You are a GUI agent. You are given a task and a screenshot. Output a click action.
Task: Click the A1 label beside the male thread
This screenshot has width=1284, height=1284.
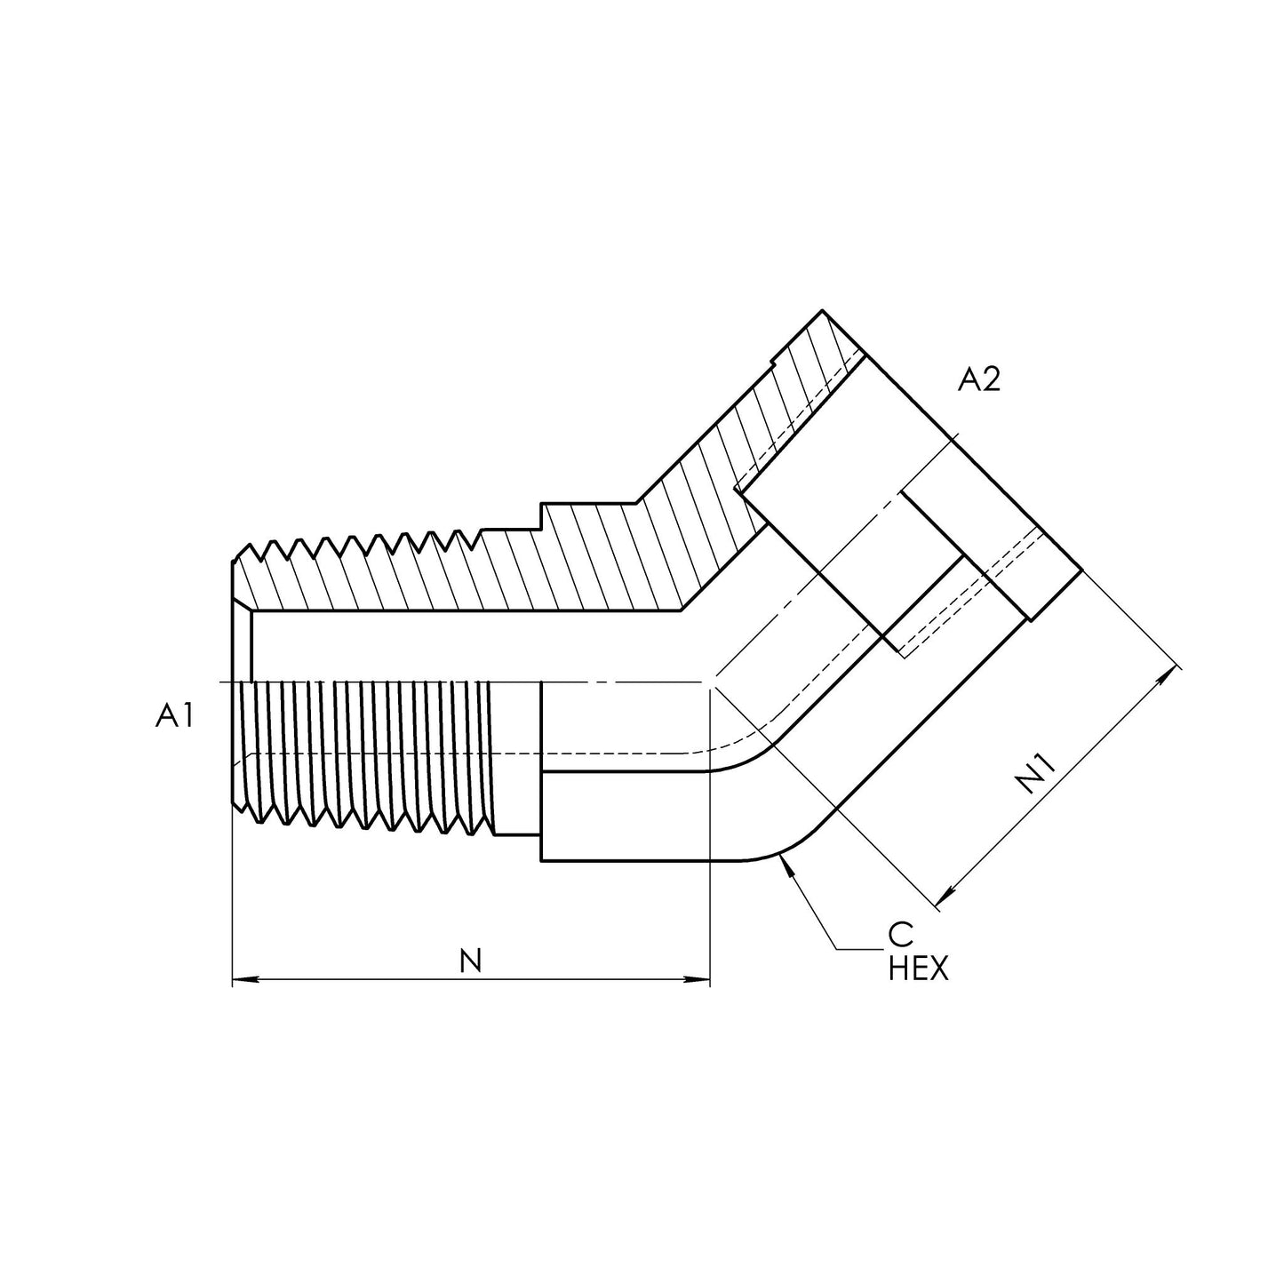point(174,715)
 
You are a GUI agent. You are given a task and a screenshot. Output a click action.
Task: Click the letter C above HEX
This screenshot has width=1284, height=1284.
point(900,935)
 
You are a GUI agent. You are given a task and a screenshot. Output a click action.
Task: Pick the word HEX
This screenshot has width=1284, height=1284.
point(918,969)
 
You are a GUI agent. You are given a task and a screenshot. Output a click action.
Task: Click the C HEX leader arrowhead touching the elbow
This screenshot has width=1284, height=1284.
point(783,861)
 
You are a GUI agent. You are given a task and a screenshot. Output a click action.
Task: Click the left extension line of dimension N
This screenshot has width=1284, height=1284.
point(232,889)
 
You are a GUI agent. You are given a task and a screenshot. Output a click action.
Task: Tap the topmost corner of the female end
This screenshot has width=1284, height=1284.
point(823,311)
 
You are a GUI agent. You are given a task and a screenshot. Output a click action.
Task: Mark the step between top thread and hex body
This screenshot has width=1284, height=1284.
point(541,515)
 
